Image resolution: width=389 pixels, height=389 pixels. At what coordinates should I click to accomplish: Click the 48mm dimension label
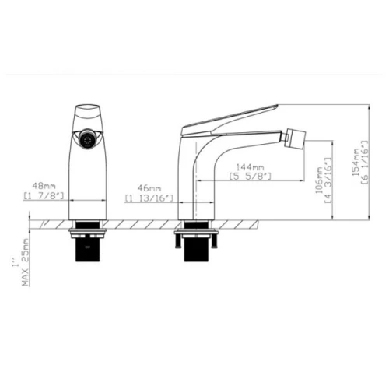click(44, 186)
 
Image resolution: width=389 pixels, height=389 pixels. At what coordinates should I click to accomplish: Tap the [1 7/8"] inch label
click(44, 196)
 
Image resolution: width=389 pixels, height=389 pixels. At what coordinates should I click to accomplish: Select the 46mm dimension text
click(149, 188)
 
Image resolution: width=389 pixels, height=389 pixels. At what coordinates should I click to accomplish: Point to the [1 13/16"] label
click(149, 198)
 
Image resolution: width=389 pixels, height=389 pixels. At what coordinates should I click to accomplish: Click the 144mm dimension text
click(250, 166)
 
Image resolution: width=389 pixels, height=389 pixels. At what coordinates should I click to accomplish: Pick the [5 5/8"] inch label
click(251, 177)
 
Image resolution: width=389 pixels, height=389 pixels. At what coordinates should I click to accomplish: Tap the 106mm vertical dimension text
click(319, 180)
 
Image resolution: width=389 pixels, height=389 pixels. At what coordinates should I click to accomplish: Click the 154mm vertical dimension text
click(356, 162)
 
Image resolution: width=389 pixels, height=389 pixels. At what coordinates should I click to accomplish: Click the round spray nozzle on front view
click(87, 140)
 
